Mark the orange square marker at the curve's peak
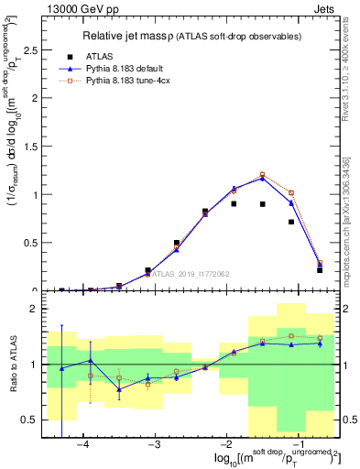click(262, 174)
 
